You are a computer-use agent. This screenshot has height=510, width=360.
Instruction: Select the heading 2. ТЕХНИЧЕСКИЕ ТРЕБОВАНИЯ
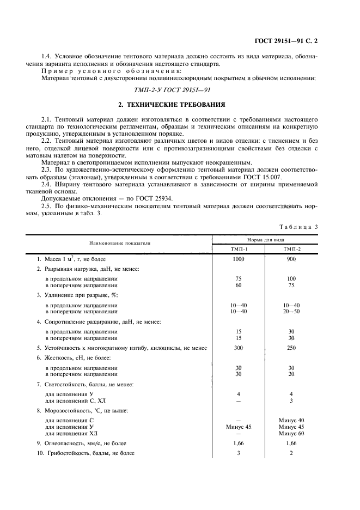coord(180,104)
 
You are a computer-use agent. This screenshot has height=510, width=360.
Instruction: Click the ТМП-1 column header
coord(238,248)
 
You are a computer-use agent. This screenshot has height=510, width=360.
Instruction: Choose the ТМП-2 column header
coord(291,248)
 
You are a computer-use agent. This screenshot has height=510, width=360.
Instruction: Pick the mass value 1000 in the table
coord(238,259)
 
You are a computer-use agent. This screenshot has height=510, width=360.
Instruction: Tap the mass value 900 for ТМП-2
coord(291,259)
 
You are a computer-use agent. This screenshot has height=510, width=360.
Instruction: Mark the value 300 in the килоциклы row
coord(238,348)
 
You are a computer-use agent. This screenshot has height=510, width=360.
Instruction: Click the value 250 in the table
coord(291,348)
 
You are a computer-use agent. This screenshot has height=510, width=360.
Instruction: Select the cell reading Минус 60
coord(291,434)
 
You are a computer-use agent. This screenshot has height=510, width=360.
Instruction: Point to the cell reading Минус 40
coord(291,421)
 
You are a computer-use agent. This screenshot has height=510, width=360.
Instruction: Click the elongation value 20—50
coord(291,312)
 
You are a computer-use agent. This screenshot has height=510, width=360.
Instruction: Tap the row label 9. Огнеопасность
coord(61,444)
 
